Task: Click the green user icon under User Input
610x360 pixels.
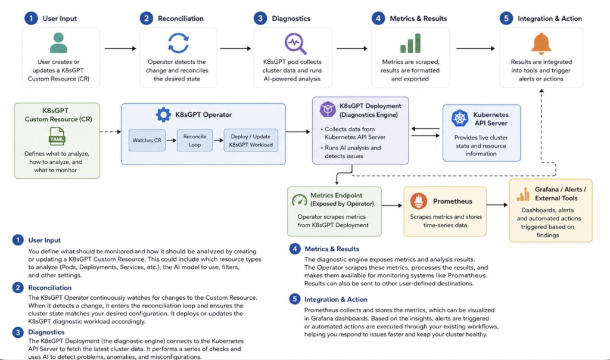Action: point(58,43)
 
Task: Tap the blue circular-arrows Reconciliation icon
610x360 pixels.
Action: point(178,43)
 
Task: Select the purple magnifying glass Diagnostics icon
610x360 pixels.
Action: point(295,44)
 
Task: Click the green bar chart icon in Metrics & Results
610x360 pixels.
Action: point(410,43)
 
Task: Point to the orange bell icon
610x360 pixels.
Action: point(541,44)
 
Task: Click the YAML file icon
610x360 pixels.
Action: point(57,136)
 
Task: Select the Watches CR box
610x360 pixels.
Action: point(147,140)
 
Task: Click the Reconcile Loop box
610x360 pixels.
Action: point(195,141)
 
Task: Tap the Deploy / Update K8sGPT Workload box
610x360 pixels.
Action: point(251,141)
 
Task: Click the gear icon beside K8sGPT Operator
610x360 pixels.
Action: point(163,115)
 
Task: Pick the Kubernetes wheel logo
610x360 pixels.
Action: point(460,118)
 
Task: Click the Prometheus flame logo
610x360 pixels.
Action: point(419,201)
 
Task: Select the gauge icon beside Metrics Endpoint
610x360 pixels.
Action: point(299,200)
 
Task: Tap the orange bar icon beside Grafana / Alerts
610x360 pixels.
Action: point(523,194)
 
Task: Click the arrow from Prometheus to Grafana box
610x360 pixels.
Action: point(497,204)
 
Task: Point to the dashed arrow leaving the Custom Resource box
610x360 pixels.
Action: point(110,132)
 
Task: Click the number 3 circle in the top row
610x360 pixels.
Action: point(260,18)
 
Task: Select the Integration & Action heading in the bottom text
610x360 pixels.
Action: point(336,299)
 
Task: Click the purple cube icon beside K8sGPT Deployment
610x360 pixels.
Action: point(328,109)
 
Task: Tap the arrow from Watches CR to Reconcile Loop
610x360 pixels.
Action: point(171,140)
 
